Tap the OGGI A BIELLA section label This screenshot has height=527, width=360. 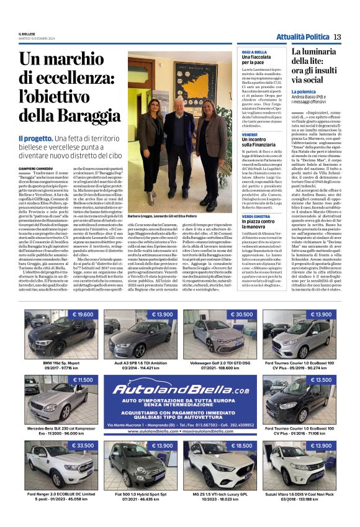254,52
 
